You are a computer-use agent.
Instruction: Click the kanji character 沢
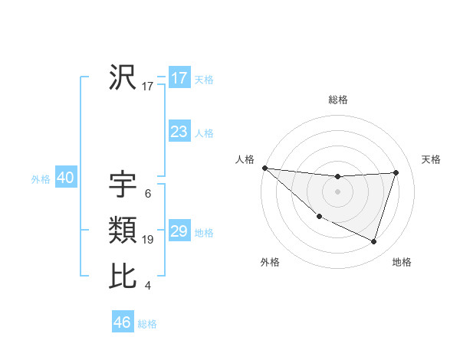tap(123, 77)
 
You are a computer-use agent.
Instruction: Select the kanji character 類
tap(123, 230)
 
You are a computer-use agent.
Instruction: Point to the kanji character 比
tap(123, 276)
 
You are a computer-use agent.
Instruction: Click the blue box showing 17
tap(179, 78)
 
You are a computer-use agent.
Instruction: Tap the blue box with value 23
tap(179, 132)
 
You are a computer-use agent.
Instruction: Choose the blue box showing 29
tap(179, 231)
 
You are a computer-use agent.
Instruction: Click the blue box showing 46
tap(123, 322)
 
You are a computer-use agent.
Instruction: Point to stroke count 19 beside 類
tap(148, 240)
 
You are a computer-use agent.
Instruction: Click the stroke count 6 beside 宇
tap(147, 194)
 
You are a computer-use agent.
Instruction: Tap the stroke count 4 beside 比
tap(147, 286)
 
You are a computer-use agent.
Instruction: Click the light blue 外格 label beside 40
tap(41, 180)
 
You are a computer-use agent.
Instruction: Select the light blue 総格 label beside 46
tap(147, 324)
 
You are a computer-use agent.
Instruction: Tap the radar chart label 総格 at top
tap(338, 100)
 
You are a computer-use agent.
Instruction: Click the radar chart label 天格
tap(431, 159)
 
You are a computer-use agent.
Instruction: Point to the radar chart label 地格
tap(402, 262)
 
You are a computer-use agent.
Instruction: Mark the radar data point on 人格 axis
tap(264, 168)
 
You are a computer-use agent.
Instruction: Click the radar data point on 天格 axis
tap(396, 172)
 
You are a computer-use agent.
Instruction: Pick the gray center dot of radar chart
tap(337, 191)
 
